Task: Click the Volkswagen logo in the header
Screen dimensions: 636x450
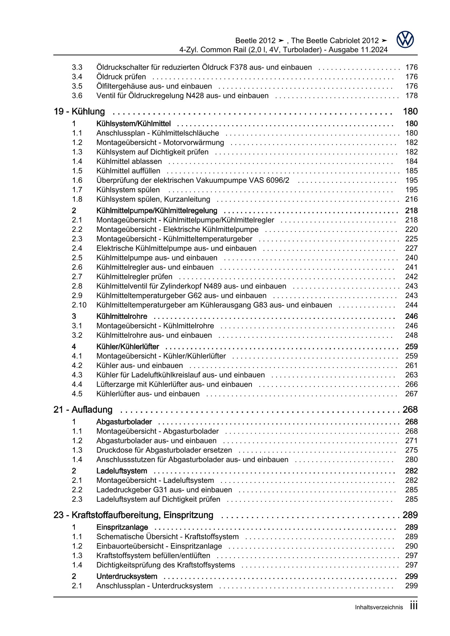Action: click(405, 40)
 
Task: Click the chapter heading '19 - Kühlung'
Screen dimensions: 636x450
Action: click(79, 112)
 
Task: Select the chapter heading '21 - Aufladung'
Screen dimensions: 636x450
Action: click(83, 410)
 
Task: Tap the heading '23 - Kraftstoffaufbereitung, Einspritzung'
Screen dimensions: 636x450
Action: click(133, 515)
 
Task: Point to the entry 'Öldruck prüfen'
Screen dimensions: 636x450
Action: click(121, 77)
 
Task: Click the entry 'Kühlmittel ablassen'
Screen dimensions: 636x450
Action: click(129, 161)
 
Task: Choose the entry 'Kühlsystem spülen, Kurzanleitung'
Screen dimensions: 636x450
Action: click(153, 199)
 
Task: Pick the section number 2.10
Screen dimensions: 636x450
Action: click(79, 305)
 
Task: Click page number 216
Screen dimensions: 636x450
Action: click(411, 199)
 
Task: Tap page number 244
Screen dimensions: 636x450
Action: click(411, 305)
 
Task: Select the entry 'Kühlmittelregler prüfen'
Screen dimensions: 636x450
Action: click(134, 277)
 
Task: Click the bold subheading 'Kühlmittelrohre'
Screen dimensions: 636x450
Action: click(122, 316)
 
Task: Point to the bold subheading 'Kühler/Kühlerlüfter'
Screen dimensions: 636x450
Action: click(128, 347)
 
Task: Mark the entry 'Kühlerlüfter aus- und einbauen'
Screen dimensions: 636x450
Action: click(148, 394)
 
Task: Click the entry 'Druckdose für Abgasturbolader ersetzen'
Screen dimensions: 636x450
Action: click(164, 450)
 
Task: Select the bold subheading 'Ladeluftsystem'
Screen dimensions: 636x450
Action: click(122, 471)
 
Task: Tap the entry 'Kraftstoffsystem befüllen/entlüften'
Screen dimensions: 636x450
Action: click(153, 556)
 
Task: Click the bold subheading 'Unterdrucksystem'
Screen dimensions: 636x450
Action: click(127, 576)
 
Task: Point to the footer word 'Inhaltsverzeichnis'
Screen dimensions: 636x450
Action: click(379, 608)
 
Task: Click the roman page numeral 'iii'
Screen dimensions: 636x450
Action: click(414, 606)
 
